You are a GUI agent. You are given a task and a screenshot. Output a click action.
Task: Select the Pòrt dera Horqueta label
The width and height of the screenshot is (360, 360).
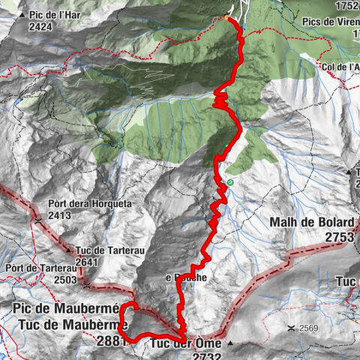[x=79, y=203]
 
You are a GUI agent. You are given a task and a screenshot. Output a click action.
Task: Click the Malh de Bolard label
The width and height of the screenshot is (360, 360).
[x=311, y=223]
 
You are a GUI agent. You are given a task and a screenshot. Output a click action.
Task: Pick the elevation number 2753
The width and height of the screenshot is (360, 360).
[x=338, y=236]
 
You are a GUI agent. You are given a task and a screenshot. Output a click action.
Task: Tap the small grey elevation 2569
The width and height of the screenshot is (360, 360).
[x=312, y=328]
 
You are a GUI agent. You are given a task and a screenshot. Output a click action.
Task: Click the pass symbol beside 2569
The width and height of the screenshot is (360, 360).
[x=291, y=328]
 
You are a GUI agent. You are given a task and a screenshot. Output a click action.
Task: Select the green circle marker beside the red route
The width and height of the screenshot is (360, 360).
[x=229, y=182]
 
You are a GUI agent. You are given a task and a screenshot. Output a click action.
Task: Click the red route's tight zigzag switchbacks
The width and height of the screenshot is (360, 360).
[x=221, y=100]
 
